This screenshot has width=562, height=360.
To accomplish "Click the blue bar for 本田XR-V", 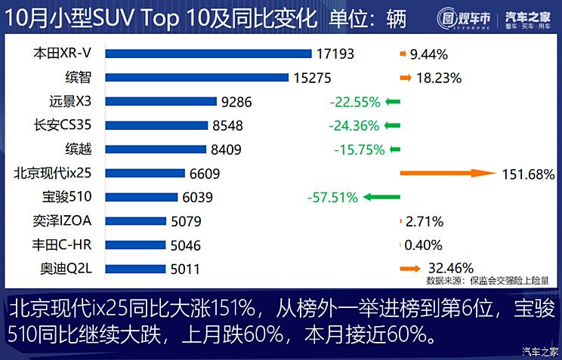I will pos(208,54).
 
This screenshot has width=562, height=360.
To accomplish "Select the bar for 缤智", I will pos(197,77).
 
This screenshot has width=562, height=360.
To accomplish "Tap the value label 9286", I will pos(236,101).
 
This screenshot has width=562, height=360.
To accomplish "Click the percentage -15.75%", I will pos(360,149).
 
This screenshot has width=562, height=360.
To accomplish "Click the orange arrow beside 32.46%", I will pos(410,268).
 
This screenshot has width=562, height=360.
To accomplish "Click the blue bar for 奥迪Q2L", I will pos(135,269).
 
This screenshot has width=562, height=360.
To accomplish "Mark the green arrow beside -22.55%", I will pos(392,102).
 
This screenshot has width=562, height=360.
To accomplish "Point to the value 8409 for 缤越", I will pos(226,149).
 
